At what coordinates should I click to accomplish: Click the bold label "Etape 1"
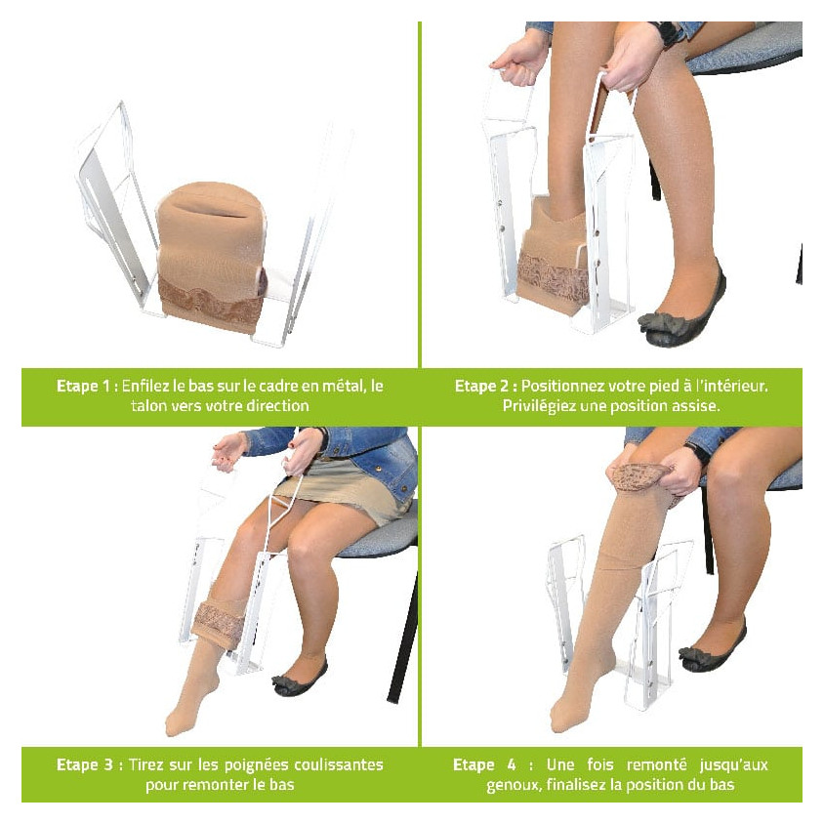pyautogui.click(x=83, y=387)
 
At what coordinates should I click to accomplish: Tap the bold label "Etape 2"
pyautogui.click(x=481, y=387)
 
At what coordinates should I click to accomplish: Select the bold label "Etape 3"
pyautogui.click(x=85, y=764)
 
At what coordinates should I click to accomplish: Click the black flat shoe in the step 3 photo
pyautogui.click(x=299, y=678)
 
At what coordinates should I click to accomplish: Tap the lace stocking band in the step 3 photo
pyautogui.click(x=218, y=620)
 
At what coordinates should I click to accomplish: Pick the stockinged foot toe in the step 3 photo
pyautogui.click(x=177, y=724)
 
